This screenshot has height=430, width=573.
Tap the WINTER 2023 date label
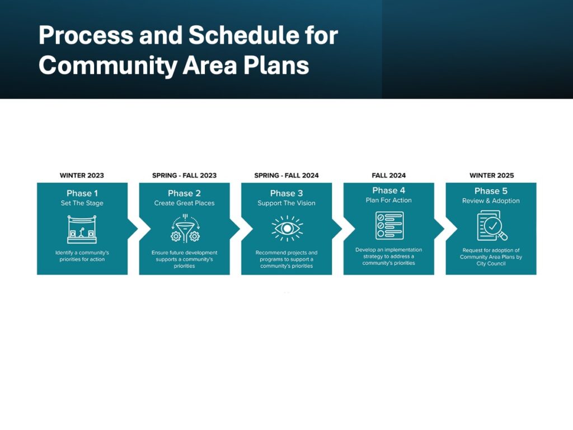click(x=82, y=175)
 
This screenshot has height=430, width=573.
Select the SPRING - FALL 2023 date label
click(x=184, y=175)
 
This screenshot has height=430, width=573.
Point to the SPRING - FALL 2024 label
click(x=286, y=175)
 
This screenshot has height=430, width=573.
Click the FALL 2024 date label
click(x=389, y=175)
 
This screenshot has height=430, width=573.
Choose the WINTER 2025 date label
click(x=491, y=175)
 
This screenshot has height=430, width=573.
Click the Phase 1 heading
click(x=82, y=193)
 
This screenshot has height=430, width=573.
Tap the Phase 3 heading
click(x=286, y=193)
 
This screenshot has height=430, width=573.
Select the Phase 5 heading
click(x=491, y=191)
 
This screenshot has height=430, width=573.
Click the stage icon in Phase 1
click(x=82, y=229)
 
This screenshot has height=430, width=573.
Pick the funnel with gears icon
click(x=185, y=228)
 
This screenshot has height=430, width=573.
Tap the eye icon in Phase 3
click(x=287, y=228)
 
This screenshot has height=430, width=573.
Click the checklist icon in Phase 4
click(x=389, y=225)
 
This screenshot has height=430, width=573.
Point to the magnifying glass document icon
click(x=492, y=226)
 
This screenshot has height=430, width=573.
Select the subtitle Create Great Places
click(x=184, y=203)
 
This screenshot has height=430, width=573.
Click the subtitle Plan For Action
click(x=388, y=200)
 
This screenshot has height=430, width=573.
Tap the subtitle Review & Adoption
click(x=491, y=201)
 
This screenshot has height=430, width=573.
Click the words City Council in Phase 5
click(x=491, y=264)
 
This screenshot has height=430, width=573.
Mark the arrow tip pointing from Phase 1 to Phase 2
click(x=138, y=229)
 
